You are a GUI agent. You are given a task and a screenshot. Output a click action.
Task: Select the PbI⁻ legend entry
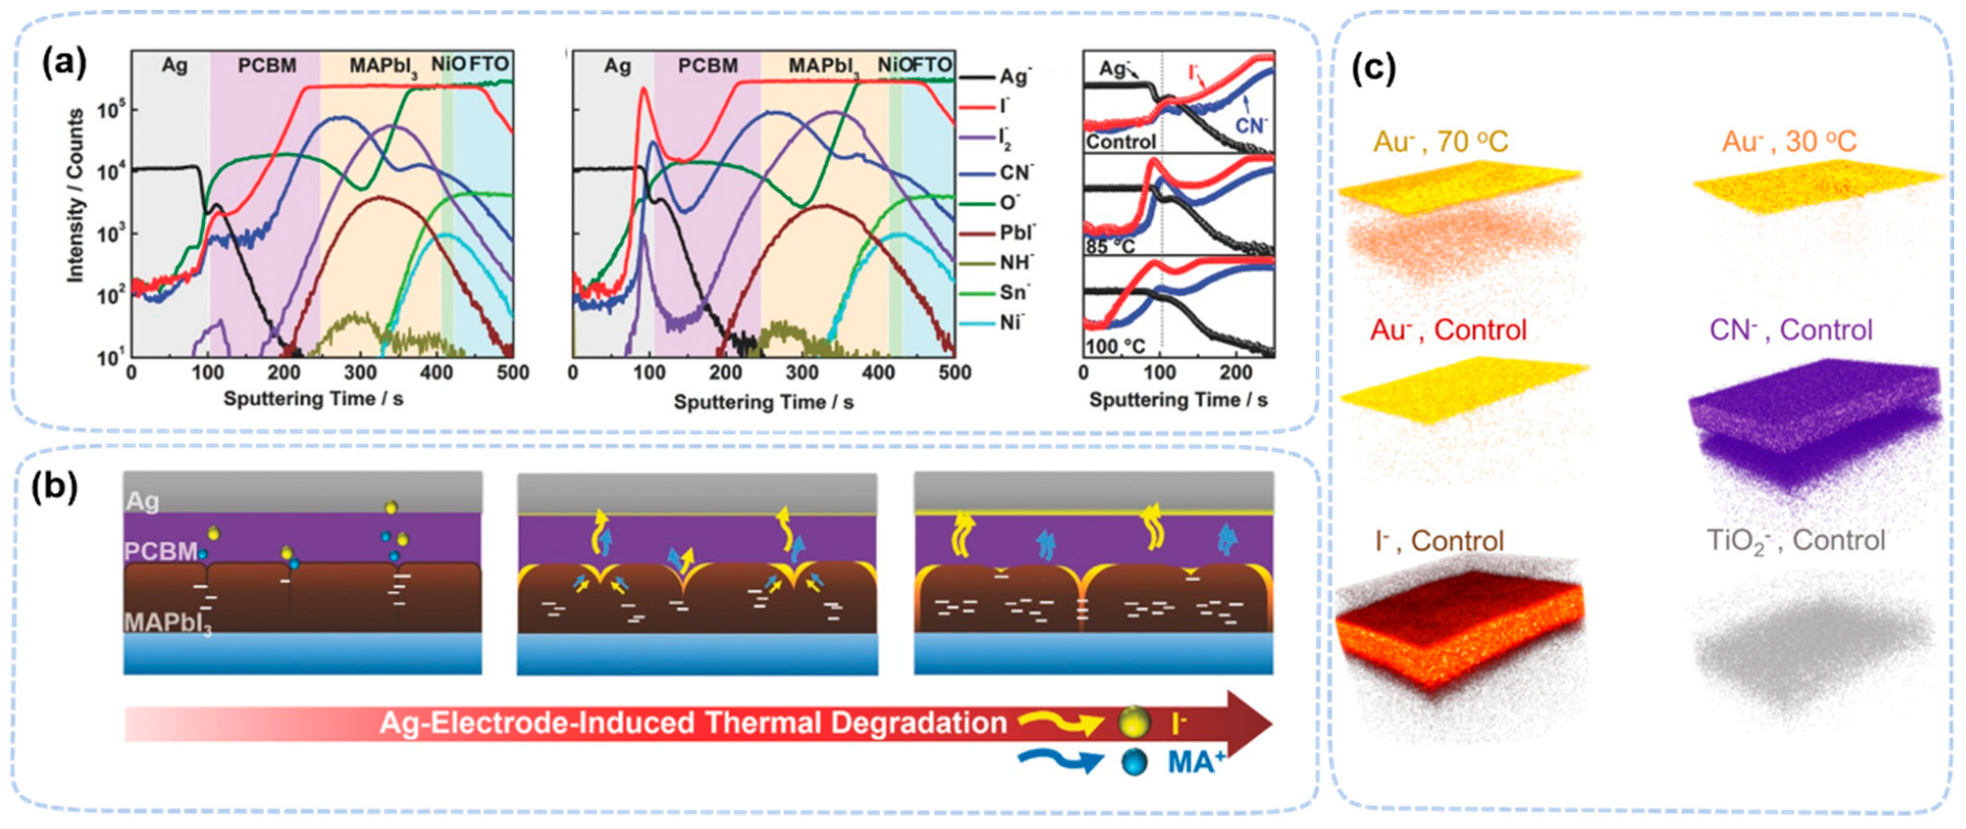[1016, 233]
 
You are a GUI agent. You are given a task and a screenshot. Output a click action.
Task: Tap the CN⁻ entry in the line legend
[1015, 172]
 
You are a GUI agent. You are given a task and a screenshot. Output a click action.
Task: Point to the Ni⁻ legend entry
[1011, 322]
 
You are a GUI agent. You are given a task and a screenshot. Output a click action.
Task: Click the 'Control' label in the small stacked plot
[1121, 142]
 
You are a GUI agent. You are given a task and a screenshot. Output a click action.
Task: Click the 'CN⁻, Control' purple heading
[1791, 330]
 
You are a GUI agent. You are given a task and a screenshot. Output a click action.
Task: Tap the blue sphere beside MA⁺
[1134, 762]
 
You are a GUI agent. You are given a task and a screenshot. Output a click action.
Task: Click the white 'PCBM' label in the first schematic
[161, 551]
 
